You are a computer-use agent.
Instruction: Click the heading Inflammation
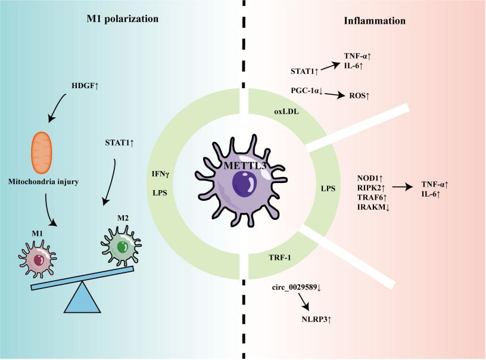click(x=375, y=21)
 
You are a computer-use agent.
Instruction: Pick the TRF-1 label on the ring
click(x=278, y=257)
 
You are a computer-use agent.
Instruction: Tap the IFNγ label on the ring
click(x=161, y=174)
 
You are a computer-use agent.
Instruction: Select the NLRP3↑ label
click(x=317, y=319)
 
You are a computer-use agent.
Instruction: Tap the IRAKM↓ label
click(x=373, y=207)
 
